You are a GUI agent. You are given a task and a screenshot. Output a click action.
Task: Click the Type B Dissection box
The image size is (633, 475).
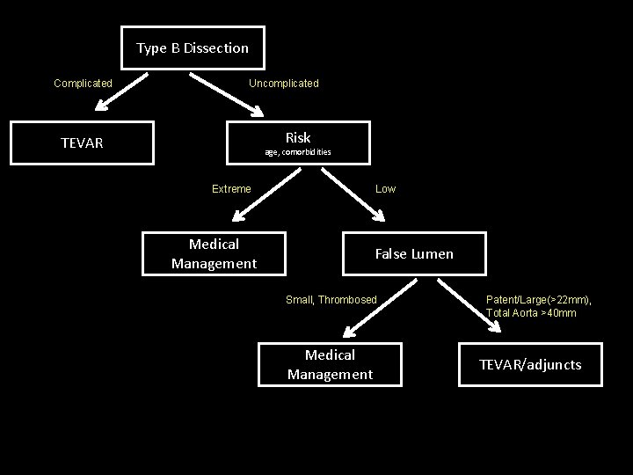click(193, 48)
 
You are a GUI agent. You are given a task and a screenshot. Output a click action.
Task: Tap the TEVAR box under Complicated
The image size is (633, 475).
click(82, 142)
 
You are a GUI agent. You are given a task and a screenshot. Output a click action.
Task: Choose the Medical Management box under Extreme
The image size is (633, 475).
click(214, 253)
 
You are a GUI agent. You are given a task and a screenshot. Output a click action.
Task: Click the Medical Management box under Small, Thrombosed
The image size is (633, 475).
click(330, 364)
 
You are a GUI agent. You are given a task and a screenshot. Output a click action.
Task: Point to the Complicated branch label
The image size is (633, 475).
click(83, 84)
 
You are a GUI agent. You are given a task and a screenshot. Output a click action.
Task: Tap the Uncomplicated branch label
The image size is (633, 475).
click(283, 84)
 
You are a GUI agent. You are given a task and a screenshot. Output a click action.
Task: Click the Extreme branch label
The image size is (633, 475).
click(231, 189)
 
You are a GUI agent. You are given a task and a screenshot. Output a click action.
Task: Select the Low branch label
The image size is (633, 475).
click(385, 189)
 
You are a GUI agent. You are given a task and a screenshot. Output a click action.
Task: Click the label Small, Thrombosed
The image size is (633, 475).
click(331, 300)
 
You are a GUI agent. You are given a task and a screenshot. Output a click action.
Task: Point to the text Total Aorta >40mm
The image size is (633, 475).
click(531, 313)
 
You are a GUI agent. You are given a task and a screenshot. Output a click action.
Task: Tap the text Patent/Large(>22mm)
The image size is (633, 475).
click(538, 300)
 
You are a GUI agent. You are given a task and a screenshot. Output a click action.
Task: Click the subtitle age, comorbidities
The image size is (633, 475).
click(298, 153)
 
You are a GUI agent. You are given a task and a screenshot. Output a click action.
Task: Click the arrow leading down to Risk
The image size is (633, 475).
click(228, 95)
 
